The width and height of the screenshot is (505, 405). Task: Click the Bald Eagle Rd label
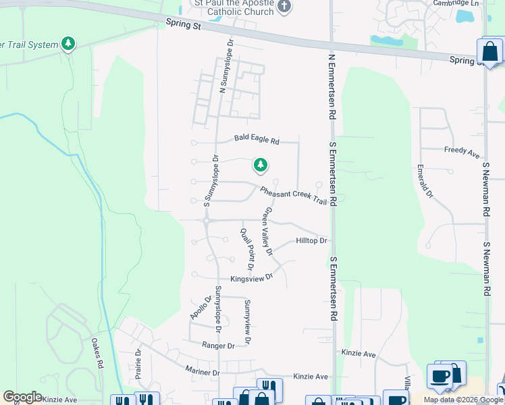tap(257, 140)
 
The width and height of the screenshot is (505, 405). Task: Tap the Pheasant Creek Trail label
tap(293, 196)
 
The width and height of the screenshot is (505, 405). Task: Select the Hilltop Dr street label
tap(311, 241)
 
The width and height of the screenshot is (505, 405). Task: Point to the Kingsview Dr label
tap(251, 277)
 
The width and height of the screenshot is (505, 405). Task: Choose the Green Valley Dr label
tap(268, 232)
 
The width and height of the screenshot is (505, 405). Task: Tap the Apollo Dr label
tap(201, 307)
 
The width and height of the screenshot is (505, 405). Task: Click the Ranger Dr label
tap(218, 345)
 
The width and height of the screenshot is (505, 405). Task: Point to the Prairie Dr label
tap(138, 361)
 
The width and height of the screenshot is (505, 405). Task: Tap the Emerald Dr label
tap(425, 180)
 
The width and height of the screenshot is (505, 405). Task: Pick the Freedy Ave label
tap(462, 152)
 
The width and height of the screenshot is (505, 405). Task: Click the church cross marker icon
tap(285, 7)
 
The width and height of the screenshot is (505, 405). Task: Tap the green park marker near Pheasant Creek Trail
tap(260, 165)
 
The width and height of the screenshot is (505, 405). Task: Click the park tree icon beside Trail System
tap(68, 45)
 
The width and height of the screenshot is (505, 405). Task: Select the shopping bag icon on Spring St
tap(489, 51)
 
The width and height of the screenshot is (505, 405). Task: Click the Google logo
tap(23, 397)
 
